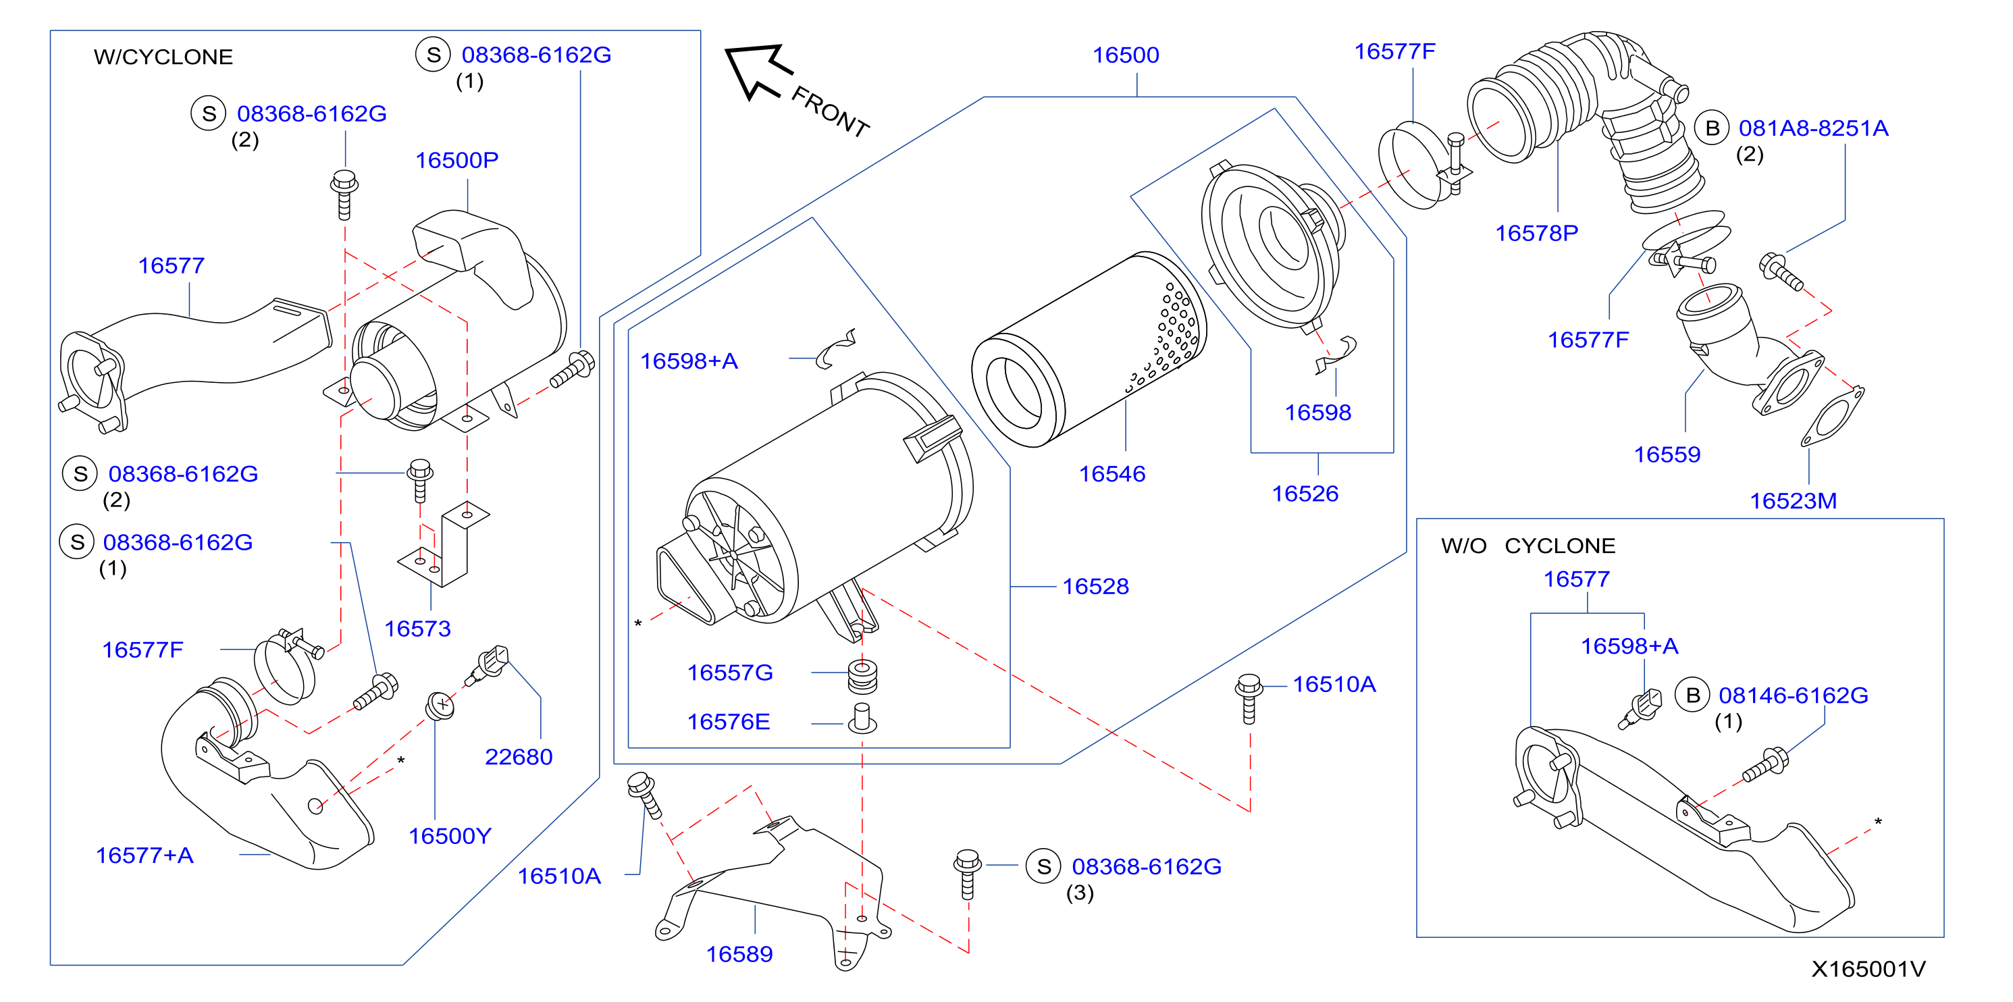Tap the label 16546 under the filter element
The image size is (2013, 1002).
pos(1112,475)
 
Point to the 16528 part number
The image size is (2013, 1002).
pos(1095,587)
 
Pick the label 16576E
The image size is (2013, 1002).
pos(729,722)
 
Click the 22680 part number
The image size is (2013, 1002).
pos(518,758)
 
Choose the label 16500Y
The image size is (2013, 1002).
pos(450,837)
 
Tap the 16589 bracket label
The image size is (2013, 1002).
pos(739,954)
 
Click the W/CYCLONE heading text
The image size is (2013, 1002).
pos(163,57)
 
